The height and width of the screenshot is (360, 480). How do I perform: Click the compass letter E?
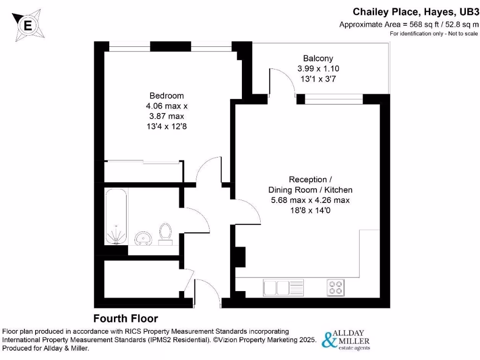(x=28, y=25)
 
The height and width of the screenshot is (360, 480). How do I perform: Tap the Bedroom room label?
(x=166, y=96)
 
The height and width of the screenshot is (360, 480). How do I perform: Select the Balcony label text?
(x=318, y=58)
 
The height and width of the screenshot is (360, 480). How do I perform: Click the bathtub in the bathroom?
(x=116, y=217)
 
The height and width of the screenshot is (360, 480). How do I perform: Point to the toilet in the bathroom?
(x=165, y=234)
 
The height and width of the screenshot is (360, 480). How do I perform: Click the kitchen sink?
(x=283, y=288)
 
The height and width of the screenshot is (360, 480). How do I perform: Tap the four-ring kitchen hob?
(x=336, y=288)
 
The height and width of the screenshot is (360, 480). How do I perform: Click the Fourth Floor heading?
(x=126, y=319)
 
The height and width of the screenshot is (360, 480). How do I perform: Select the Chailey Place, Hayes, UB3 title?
(x=416, y=12)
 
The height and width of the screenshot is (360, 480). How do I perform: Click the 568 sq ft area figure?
(x=424, y=24)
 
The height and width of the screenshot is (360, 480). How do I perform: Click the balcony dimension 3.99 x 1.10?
(x=318, y=68)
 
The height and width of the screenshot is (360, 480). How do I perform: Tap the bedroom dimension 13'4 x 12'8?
(x=166, y=127)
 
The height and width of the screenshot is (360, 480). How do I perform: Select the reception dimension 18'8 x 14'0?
(x=310, y=210)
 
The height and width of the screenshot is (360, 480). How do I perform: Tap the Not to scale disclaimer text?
(x=463, y=34)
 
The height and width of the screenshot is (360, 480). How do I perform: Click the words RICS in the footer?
(x=133, y=331)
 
